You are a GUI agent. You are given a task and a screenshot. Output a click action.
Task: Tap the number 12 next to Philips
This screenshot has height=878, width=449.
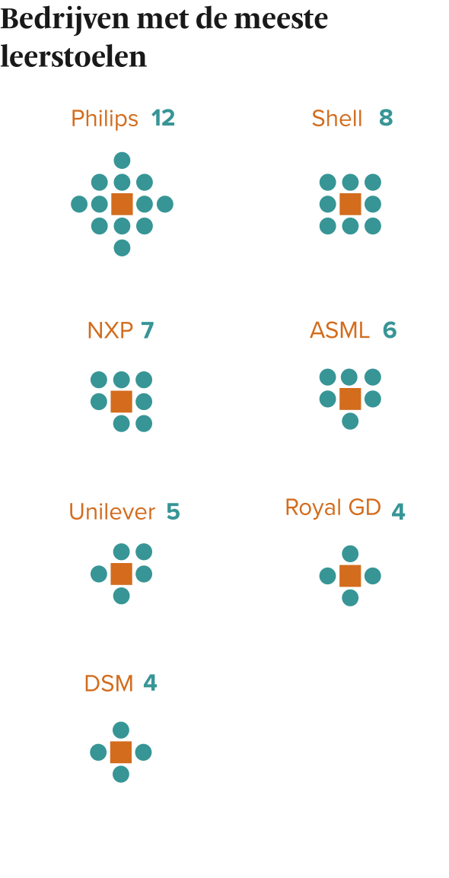(163, 118)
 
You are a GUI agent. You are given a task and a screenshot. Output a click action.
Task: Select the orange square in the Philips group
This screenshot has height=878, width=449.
(122, 205)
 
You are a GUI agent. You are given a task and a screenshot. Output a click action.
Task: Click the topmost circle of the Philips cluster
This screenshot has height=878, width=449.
(122, 161)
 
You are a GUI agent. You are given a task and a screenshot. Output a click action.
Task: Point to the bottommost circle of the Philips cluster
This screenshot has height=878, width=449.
(122, 247)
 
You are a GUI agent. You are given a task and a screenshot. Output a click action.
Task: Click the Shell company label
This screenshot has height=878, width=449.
(337, 119)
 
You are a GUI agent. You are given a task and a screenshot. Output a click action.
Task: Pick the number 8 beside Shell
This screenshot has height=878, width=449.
(386, 118)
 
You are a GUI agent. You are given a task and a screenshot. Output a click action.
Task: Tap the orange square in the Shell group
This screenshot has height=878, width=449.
(351, 205)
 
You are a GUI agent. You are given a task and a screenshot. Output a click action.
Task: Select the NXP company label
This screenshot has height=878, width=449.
(110, 331)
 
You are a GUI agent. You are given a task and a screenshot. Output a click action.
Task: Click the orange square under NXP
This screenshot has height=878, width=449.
(122, 402)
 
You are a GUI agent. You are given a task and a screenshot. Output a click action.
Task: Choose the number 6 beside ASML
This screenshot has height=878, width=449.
(390, 330)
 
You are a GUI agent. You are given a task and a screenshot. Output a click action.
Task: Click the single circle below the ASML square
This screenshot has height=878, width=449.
(350, 421)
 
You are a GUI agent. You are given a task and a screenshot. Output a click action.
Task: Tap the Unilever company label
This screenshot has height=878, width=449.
(112, 512)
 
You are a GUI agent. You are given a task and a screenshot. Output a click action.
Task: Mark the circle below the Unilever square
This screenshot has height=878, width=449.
(122, 596)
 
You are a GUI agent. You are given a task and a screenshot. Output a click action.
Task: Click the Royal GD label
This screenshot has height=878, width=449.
(333, 507)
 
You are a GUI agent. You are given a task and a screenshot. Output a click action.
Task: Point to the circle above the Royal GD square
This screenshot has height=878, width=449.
(350, 554)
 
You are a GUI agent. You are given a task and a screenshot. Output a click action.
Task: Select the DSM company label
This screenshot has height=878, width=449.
(109, 684)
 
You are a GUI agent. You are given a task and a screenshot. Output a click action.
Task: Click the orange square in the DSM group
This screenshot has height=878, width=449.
(121, 752)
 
